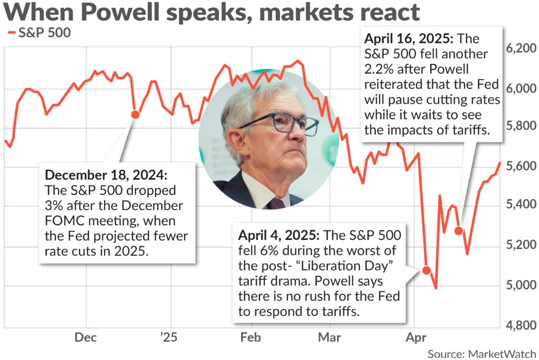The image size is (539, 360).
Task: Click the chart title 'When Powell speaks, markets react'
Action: point(212,13)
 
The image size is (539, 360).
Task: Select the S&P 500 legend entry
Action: point(39,33)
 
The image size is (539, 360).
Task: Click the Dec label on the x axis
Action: point(86,338)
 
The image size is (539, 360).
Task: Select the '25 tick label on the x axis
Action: point(170,338)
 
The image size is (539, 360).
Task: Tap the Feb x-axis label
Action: point(251,338)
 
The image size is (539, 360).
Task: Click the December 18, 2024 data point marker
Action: point(135,114)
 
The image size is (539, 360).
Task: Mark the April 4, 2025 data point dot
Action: point(426,270)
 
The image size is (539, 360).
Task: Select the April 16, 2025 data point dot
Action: point(459,230)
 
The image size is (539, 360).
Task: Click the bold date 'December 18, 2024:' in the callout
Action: point(106,175)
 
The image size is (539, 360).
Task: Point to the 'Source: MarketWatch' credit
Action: point(481,354)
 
